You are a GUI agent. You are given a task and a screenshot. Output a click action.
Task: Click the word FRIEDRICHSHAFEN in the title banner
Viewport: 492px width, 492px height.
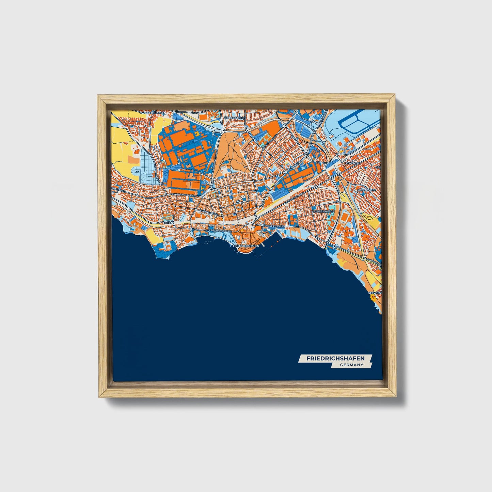[x=335, y=359]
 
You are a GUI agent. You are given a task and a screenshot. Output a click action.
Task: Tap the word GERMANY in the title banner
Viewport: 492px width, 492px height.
[x=351, y=365]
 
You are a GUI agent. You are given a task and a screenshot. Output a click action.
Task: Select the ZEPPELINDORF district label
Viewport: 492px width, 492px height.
[x=234, y=118]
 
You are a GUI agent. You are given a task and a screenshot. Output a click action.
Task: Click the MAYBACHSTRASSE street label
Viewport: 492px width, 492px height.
[x=183, y=194]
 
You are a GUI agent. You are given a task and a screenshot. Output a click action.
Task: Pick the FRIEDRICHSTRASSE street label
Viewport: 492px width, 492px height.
[x=220, y=231]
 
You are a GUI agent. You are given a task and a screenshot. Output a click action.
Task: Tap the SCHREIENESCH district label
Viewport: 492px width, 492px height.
[x=323, y=211]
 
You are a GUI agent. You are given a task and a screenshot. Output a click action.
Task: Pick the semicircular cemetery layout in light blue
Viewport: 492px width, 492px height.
[x=146, y=176]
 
